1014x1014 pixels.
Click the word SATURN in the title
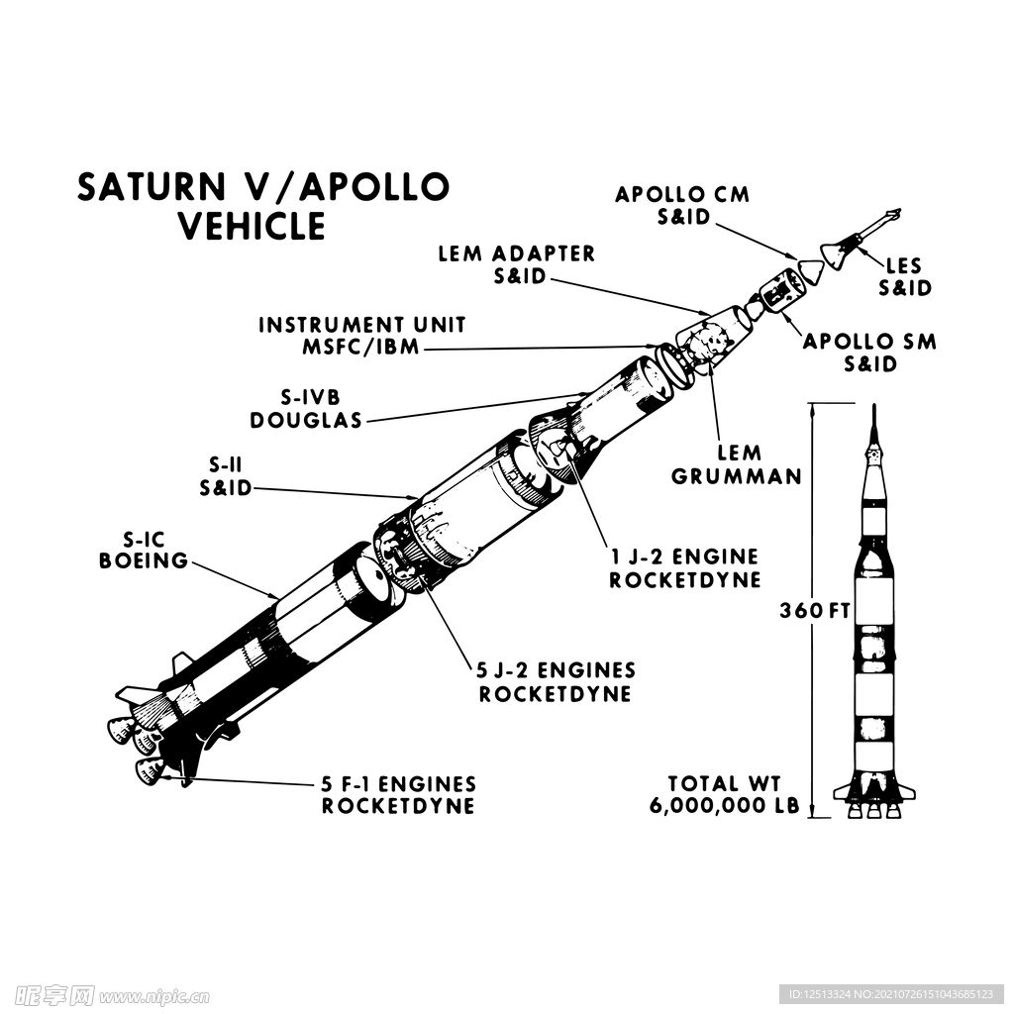pos(152,187)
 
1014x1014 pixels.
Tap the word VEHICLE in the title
pos(252,227)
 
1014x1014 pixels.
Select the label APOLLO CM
pos(682,194)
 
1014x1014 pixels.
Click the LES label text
pos(903,265)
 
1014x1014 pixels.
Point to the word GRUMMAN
pos(737,476)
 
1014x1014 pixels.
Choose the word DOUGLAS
pos(306,420)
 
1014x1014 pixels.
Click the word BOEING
pos(144,560)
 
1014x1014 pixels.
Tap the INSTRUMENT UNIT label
pos(362,325)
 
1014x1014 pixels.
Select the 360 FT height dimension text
pos(815,610)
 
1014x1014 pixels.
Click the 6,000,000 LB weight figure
pos(725,806)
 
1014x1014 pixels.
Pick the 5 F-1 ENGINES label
pos(399,784)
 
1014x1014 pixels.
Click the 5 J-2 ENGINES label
pos(557,670)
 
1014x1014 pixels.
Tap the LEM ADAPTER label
pos(517,253)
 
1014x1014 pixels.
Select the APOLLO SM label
pos(869,342)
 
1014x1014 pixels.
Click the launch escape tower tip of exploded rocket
pos(898,211)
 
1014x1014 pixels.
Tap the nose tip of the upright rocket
pos(874,405)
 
